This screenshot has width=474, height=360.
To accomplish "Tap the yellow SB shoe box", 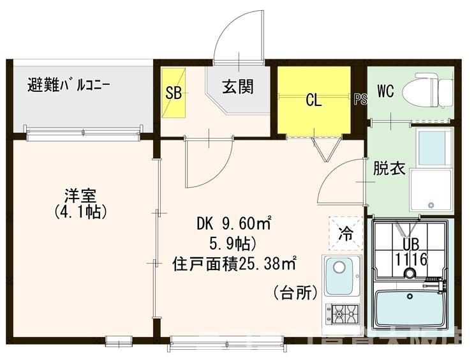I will click(x=173, y=93).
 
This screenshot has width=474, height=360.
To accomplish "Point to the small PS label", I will click(x=360, y=99).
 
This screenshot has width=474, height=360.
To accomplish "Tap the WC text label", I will click(x=386, y=91).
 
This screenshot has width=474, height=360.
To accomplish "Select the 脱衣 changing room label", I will click(x=389, y=169).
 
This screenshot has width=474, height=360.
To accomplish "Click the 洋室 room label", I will click(x=79, y=194).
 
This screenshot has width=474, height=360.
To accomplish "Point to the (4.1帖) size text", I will click(x=80, y=211).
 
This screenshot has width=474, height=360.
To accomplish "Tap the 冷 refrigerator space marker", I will click(x=345, y=233).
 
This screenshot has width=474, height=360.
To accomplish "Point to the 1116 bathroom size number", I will click(x=410, y=260).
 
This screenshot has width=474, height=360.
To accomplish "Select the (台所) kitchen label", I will click(x=295, y=293).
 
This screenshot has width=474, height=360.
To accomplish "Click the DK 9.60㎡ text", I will click(x=233, y=224).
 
